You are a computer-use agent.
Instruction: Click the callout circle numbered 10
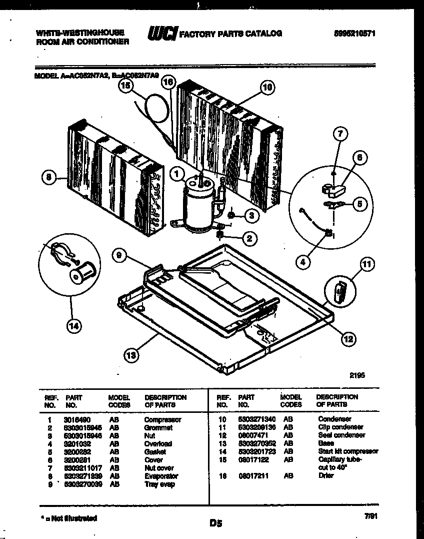tap(267, 87)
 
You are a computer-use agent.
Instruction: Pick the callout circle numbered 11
tap(367, 264)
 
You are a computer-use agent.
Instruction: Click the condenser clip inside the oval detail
tap(340, 291)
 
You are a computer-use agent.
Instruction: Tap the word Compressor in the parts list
tap(162, 419)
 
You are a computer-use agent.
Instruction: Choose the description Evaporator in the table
tap(160, 476)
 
